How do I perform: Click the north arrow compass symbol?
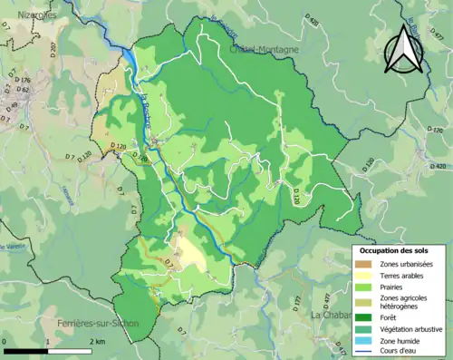(404, 49)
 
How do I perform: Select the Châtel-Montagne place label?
(263, 49)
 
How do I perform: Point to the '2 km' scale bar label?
(98, 340)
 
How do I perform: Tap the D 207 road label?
(52, 45)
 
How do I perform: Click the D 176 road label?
(24, 81)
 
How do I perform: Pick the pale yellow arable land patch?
(189, 255)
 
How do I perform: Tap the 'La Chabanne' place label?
(332, 315)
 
